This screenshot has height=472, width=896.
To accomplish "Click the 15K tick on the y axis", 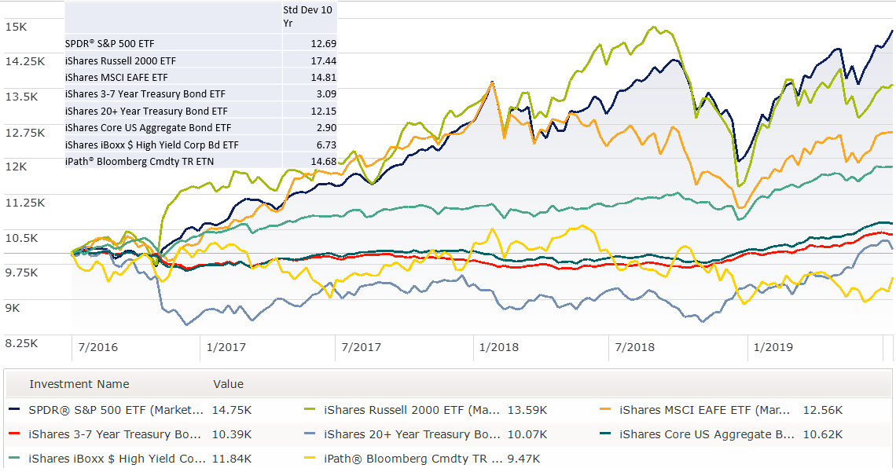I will click(16, 26).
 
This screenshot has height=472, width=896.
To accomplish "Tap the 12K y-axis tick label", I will click(16, 166).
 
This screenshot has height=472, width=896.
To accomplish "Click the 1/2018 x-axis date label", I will click(498, 347).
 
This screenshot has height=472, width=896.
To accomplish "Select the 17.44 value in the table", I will click(323, 60).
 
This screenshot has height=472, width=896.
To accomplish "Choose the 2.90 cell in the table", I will click(325, 128).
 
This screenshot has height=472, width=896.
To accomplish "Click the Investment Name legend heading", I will click(79, 384).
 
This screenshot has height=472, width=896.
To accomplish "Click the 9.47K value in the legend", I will click(524, 459).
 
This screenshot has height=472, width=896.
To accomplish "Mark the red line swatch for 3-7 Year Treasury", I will click(14, 434).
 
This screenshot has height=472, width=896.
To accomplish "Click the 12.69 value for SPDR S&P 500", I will click(323, 43).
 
